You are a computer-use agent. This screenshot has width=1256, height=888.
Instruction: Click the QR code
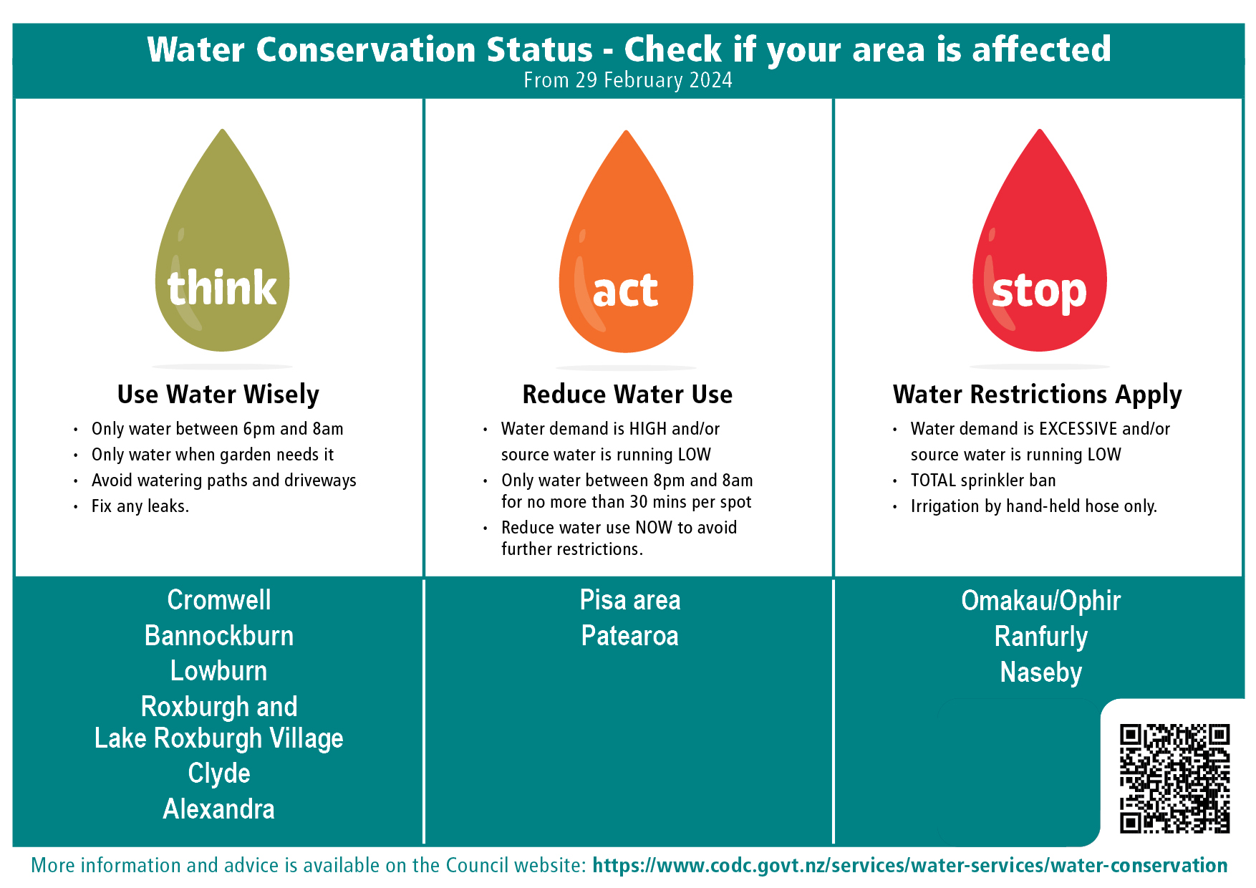[x=1174, y=778]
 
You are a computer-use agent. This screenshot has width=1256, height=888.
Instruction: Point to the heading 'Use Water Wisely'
[x=218, y=395]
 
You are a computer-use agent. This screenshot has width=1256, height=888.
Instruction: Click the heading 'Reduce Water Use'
[x=627, y=395]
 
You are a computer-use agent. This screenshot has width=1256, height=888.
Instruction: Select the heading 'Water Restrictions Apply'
[x=1037, y=395]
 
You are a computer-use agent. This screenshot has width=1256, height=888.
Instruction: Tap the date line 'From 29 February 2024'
[x=628, y=80]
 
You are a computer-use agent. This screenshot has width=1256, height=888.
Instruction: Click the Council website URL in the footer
[x=910, y=865]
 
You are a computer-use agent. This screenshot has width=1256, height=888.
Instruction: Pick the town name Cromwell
[x=219, y=600]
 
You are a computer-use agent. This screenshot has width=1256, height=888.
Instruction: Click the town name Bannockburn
[x=219, y=636]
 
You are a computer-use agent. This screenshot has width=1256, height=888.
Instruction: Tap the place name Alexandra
[x=219, y=809]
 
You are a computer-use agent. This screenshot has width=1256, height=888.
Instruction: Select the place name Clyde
[x=219, y=774]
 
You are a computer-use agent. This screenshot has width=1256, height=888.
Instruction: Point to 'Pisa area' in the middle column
[x=630, y=600]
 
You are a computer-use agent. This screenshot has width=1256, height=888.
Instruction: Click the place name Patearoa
[x=630, y=636]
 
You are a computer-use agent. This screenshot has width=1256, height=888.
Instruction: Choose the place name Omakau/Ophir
[x=1041, y=601]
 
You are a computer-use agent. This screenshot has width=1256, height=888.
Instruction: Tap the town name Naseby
[x=1041, y=672]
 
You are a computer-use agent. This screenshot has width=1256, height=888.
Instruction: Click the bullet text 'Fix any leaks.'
[x=140, y=506]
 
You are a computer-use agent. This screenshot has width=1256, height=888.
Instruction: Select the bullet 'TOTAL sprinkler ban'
[x=983, y=481]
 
